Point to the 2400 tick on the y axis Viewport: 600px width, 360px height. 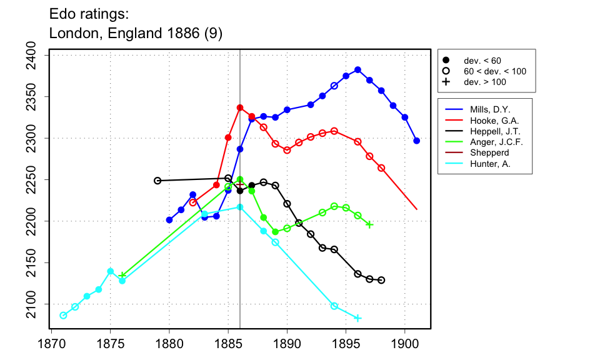coord(38,56)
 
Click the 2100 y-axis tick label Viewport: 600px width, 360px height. coord(38,304)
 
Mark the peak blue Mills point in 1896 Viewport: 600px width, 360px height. coord(357,70)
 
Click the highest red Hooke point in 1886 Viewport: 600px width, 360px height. coord(240,107)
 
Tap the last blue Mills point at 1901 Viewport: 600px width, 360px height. coord(417,141)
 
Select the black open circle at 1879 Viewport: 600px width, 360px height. coord(157,181)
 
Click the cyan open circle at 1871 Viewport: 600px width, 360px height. coord(63,316)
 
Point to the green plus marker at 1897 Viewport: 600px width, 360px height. coord(369,224)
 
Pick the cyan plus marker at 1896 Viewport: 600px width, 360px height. coord(357,318)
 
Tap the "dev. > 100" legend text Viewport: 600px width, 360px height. coord(484,82)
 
